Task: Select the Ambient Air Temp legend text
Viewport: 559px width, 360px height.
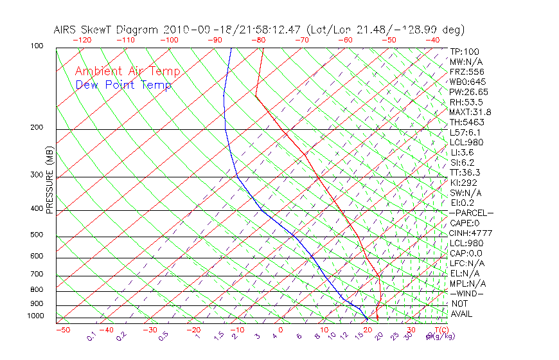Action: [x=127, y=71]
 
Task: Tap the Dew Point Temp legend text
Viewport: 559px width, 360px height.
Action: [x=123, y=85]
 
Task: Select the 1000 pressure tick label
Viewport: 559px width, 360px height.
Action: [x=37, y=316]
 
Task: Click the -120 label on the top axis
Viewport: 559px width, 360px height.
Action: [x=82, y=39]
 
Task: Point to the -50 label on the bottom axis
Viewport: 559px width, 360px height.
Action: [x=62, y=330]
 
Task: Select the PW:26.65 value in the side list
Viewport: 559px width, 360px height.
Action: [x=469, y=92]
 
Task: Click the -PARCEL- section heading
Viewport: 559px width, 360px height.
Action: [x=471, y=213]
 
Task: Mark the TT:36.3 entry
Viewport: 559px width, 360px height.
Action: [x=466, y=172]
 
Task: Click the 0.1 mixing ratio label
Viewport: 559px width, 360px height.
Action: [x=91, y=336]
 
